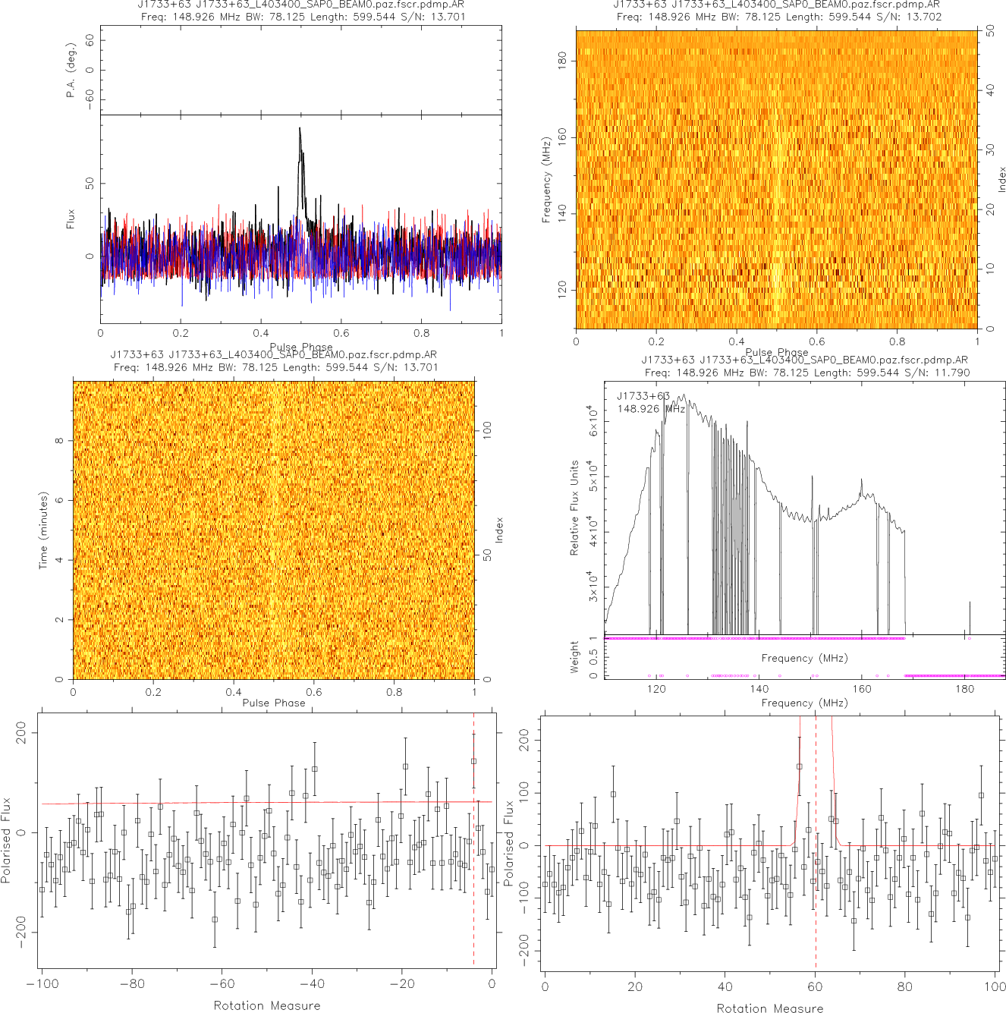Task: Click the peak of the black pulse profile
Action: pos(300,129)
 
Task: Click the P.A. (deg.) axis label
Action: pos(71,71)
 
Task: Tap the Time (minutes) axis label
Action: pos(43,530)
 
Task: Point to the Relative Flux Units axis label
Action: pos(574,508)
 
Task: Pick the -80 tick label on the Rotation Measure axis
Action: pos(132,984)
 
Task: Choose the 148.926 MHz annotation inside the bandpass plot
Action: pos(651,409)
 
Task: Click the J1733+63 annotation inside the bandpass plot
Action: pos(643,396)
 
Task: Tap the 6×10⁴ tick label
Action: pos(593,420)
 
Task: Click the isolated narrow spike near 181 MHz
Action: pos(970,616)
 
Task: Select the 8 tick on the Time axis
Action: pos(59,441)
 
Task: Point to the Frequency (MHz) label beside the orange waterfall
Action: pos(546,180)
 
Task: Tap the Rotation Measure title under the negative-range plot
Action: pos(267,1005)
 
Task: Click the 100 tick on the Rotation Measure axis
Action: pos(995,987)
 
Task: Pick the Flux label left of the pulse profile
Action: pos(71,219)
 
